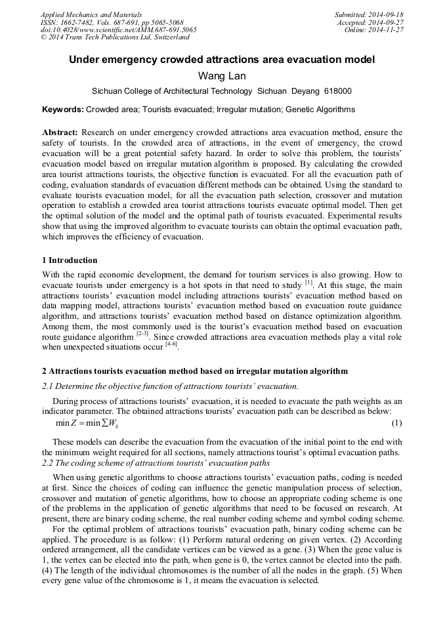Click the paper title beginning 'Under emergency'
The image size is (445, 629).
tap(222, 60)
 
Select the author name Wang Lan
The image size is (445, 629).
tap(222, 76)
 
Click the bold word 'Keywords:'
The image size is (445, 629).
tap(63, 110)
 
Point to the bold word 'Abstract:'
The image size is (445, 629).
tap(60, 132)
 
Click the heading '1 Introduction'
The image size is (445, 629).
tap(70, 260)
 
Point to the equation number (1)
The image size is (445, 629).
tap(396, 423)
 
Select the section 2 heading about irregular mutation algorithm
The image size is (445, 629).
tap(194, 371)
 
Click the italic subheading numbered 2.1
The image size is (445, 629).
tap(170, 385)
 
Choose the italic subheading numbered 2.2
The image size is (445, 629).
tap(156, 463)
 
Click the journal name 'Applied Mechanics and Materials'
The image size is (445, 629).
tap(91, 14)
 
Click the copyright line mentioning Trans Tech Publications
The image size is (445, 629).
tap(115, 37)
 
